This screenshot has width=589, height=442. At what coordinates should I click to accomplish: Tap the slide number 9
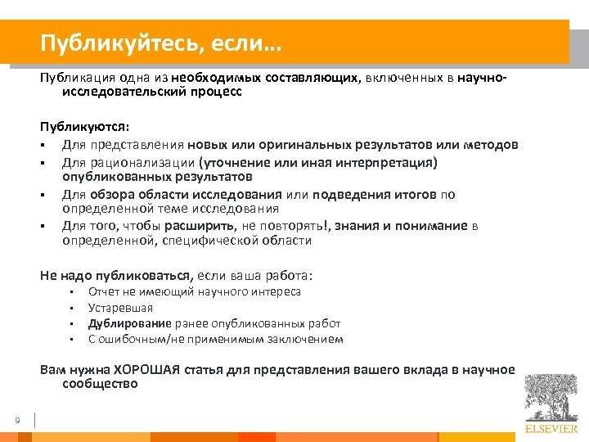pos(17,421)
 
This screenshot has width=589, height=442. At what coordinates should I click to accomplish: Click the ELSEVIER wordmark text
pos(551,428)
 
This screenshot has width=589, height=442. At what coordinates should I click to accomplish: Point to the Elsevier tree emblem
pos(551,398)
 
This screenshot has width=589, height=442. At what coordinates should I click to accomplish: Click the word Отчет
pos(104,291)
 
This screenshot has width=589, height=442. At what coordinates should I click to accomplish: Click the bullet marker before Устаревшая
pos(72,309)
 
